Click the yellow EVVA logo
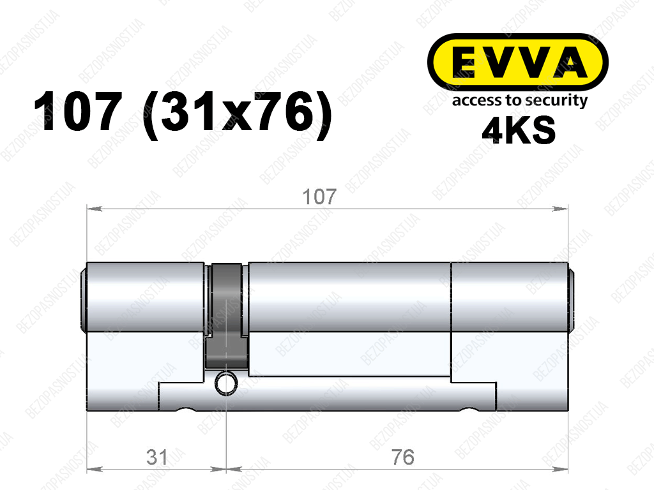pos(517,62)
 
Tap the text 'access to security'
pos(520,101)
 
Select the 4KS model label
pos(519,130)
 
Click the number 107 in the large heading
pos(78,112)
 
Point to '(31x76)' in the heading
pos(238,114)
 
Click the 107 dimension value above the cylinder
pos(319,197)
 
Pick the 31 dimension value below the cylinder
pos(157,457)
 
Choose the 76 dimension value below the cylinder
pos(403,457)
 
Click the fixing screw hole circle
pos(225,383)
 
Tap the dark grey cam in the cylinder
pos(227,316)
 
